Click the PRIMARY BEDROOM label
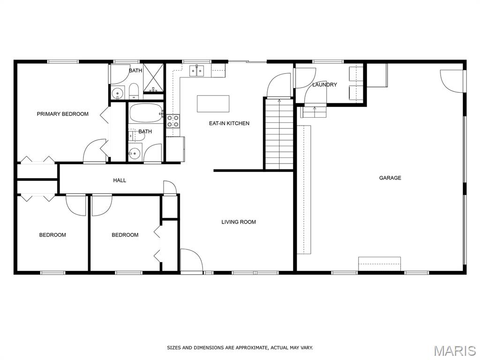pos(63,114)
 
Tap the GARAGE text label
pos(390,178)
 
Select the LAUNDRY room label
pos(324,84)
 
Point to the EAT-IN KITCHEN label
pos(229,123)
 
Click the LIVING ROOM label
pos(239,222)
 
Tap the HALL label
pos(120,180)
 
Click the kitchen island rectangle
pos(213,104)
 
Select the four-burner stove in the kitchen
pos(173,120)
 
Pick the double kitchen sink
pos(196,71)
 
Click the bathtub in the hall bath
pos(146,113)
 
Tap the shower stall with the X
pos(153,78)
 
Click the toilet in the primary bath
pos(134,91)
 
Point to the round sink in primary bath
pos(117,92)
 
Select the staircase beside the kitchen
pos(279,134)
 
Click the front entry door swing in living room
pos(191,260)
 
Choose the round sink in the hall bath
pos(135,151)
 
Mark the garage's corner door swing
pos(452,81)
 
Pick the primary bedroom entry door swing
pos(95,150)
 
